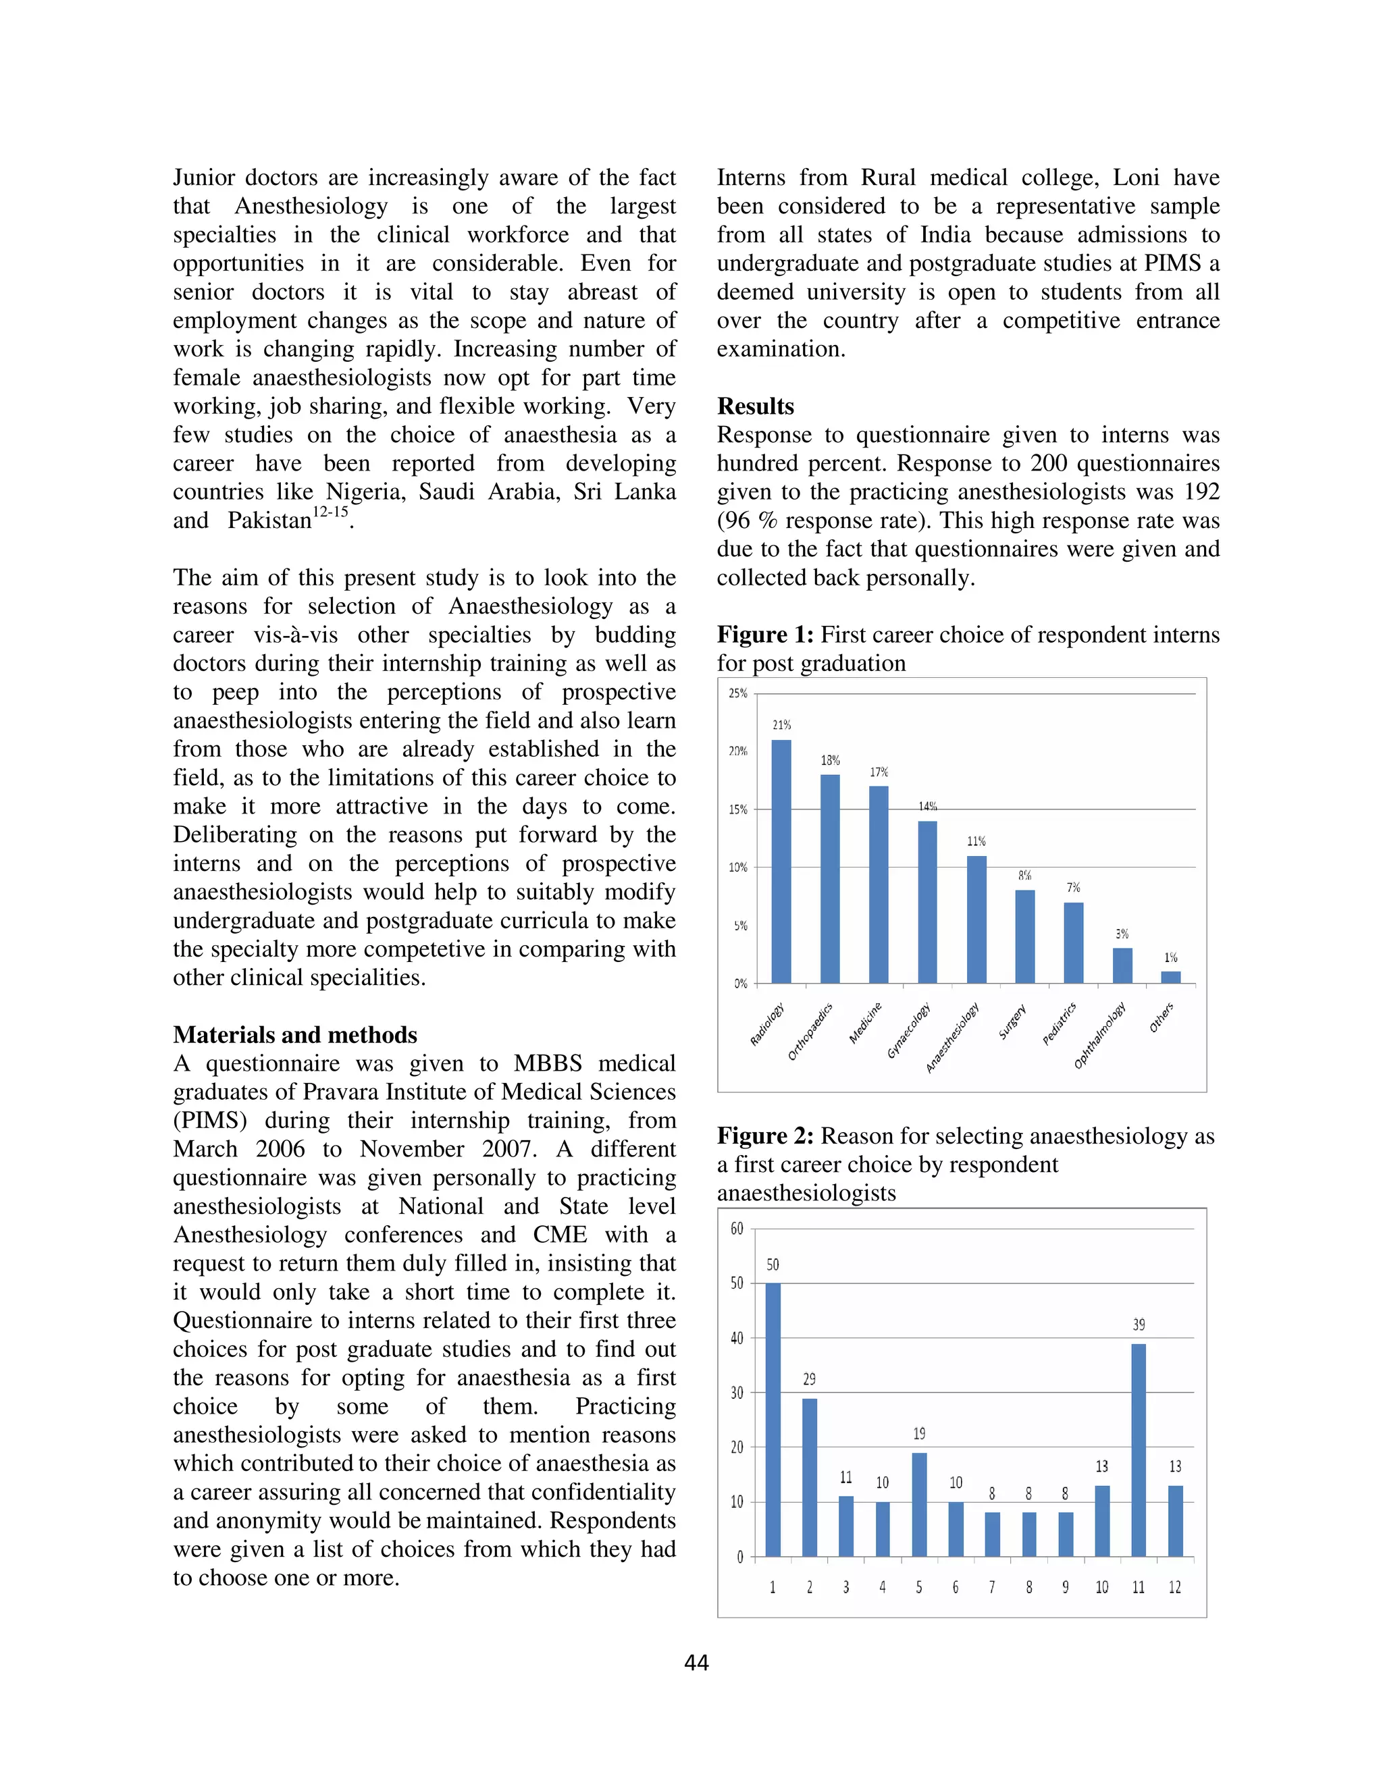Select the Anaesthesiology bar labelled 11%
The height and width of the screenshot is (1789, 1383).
(x=976, y=918)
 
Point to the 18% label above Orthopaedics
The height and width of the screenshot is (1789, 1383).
(x=830, y=760)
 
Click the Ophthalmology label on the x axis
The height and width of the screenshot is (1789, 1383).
(x=1100, y=1036)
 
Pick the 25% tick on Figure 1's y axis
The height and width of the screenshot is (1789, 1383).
(x=738, y=693)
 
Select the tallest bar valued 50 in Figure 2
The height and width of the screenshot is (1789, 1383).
(x=773, y=1419)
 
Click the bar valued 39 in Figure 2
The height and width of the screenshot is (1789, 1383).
(x=1138, y=1450)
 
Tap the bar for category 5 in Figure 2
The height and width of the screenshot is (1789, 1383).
(x=919, y=1504)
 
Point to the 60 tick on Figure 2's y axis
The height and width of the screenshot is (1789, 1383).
(x=737, y=1229)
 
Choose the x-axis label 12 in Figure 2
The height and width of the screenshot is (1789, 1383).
(x=1174, y=1588)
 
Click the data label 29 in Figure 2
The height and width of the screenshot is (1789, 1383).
(x=810, y=1379)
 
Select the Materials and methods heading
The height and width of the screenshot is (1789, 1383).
(x=295, y=1034)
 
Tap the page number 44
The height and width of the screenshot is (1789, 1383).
(x=696, y=1662)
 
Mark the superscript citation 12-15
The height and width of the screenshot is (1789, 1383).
(x=330, y=512)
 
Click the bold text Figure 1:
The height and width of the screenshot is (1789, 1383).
(x=765, y=635)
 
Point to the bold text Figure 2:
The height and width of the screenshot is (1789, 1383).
(x=765, y=1136)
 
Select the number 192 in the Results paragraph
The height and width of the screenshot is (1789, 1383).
(x=1195, y=491)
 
